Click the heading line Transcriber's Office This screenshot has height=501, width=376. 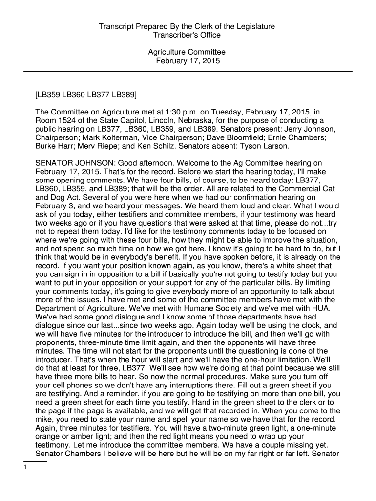187,35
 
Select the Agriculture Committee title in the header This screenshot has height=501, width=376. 188,52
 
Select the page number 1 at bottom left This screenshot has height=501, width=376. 25,467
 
